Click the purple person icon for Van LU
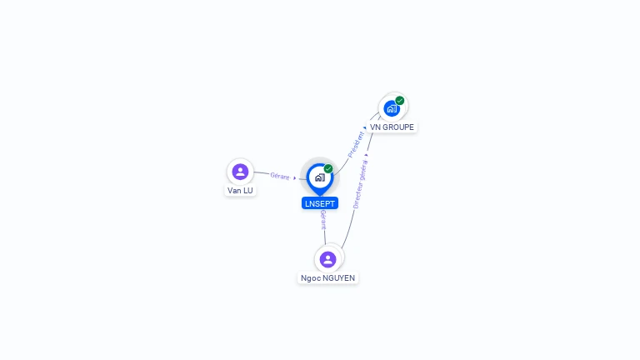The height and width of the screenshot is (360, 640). [x=240, y=172]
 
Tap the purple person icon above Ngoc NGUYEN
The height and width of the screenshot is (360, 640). [x=327, y=260]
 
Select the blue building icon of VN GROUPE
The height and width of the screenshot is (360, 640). [x=392, y=108]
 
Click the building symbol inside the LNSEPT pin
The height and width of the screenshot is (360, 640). [x=320, y=177]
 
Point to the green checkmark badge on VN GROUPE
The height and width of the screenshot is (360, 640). [x=400, y=100]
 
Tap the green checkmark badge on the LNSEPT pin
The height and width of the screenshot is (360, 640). [x=328, y=168]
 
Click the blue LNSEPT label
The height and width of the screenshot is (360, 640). [x=320, y=203]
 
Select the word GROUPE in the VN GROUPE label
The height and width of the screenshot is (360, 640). [x=398, y=127]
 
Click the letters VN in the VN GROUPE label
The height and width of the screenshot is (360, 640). [x=375, y=127]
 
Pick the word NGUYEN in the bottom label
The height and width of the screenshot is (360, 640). [x=339, y=278]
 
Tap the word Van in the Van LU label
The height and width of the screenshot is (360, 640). [x=234, y=191]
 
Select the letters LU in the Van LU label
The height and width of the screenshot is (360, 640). [x=248, y=191]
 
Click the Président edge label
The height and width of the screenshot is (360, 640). [x=356, y=144]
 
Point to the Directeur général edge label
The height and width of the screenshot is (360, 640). [x=360, y=184]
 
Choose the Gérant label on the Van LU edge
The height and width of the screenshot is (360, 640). [x=280, y=176]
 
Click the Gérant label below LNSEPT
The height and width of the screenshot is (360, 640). [x=323, y=220]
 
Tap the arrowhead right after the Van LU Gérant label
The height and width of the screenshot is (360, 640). [x=295, y=178]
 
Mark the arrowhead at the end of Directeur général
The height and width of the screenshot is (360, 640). [x=367, y=155]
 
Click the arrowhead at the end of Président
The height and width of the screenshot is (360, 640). [x=364, y=127]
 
